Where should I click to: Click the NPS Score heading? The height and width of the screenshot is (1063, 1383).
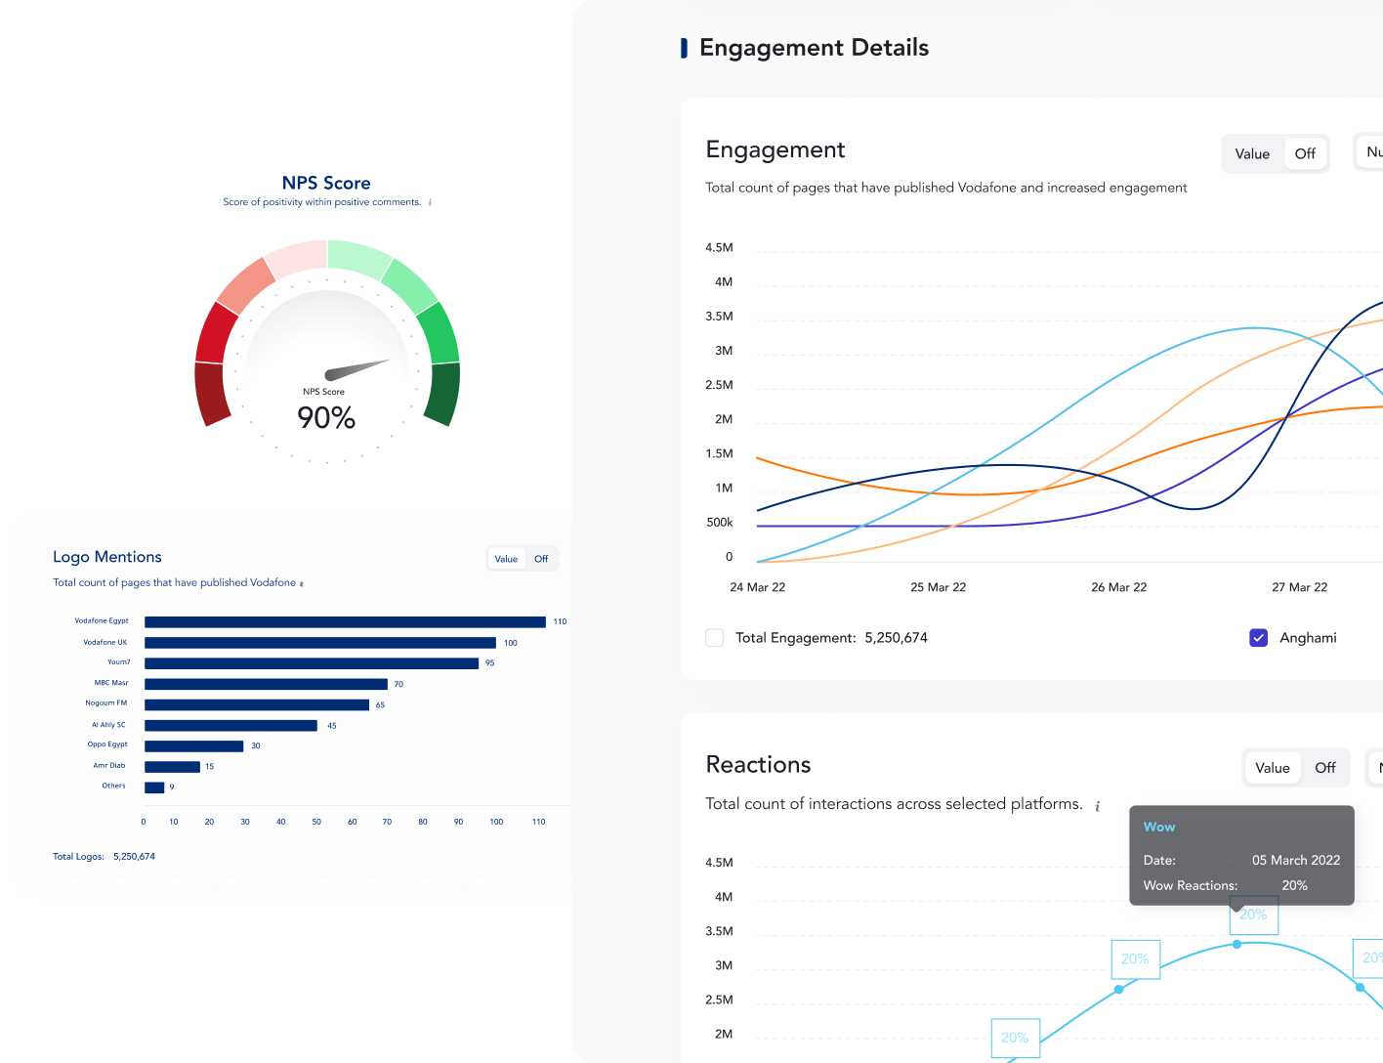(326, 183)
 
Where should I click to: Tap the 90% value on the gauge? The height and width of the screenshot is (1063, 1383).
(326, 418)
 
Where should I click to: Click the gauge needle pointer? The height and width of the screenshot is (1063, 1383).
(356, 369)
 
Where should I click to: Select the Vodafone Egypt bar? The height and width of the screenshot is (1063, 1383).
(345, 622)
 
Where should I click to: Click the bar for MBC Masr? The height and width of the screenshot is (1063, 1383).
(266, 684)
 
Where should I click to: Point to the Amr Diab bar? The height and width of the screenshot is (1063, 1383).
(172, 767)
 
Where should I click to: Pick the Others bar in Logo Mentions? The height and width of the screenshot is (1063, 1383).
(154, 787)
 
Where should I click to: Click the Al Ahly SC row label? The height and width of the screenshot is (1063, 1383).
(108, 725)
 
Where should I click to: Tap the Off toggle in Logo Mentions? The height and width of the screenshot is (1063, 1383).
(541, 559)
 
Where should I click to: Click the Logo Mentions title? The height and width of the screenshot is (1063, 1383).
(107, 557)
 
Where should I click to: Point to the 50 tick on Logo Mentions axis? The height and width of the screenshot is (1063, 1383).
(316, 822)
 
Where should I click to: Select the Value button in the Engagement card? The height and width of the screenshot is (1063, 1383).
(1252, 153)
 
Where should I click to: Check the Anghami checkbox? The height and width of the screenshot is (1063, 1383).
(1259, 638)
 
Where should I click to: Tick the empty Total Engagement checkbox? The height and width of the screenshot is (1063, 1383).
(715, 638)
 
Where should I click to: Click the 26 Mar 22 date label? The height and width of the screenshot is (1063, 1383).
(1118, 587)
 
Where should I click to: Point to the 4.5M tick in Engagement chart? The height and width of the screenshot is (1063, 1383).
(719, 248)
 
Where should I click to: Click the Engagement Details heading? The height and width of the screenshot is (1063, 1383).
(814, 48)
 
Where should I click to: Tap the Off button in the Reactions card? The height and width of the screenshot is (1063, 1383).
(1325, 768)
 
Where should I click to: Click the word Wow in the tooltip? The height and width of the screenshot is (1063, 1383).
(1159, 827)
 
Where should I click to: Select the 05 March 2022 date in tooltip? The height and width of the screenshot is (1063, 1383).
(1296, 860)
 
